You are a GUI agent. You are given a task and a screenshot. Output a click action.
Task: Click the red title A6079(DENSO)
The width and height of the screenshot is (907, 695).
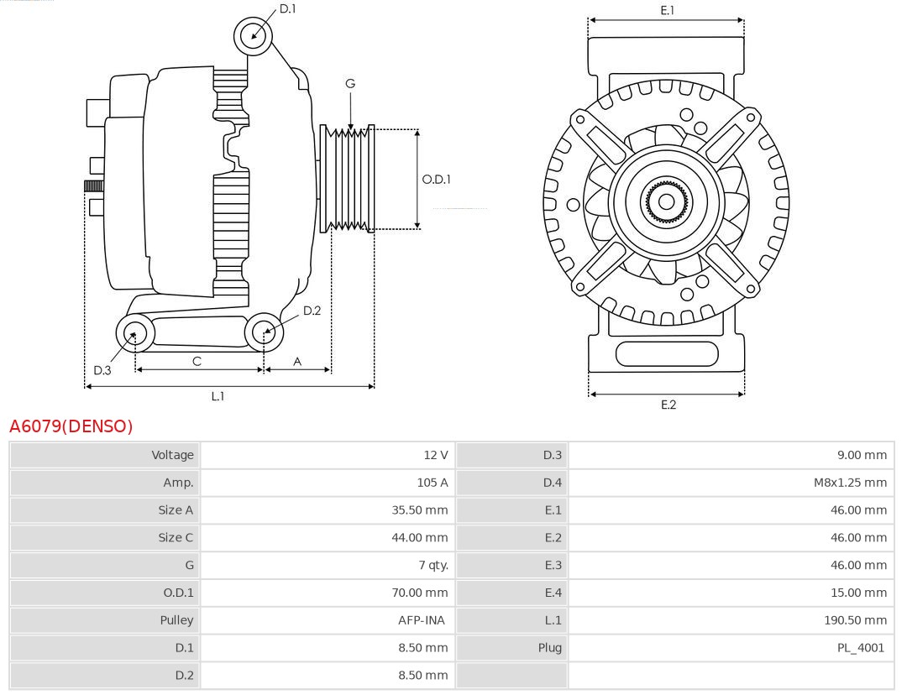click(x=71, y=426)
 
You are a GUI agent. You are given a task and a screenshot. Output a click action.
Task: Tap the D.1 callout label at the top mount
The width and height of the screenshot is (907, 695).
click(x=288, y=8)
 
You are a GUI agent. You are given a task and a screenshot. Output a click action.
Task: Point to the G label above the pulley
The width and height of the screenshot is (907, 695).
click(x=350, y=83)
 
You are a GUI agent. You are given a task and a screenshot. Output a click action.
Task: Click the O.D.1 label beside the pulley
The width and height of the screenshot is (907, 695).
click(x=437, y=179)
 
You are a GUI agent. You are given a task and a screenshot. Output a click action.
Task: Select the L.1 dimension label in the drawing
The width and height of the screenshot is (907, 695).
click(x=218, y=396)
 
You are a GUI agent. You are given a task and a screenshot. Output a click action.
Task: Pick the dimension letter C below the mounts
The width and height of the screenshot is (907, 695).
click(x=197, y=361)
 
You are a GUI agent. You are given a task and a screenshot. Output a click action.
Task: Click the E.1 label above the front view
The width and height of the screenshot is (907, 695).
click(x=668, y=10)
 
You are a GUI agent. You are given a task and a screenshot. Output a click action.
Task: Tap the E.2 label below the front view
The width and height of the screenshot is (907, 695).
click(x=668, y=405)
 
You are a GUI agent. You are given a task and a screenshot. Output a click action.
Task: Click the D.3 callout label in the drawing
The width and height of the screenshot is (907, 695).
click(x=102, y=370)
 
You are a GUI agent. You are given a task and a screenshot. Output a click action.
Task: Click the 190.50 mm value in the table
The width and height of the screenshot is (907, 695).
click(x=855, y=620)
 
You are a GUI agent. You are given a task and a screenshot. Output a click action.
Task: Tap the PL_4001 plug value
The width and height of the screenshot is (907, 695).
click(x=860, y=648)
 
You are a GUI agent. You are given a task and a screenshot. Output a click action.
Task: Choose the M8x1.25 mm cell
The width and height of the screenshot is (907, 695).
click(x=848, y=483)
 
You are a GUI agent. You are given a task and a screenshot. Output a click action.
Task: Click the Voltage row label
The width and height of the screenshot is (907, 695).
click(x=172, y=455)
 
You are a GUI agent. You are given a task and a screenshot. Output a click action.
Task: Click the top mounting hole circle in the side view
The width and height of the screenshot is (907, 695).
click(x=254, y=35)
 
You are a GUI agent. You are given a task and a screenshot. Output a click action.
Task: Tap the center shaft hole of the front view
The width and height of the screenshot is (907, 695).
click(x=666, y=201)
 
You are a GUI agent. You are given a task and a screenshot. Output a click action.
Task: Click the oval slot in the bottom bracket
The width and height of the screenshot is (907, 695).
click(x=667, y=353)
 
